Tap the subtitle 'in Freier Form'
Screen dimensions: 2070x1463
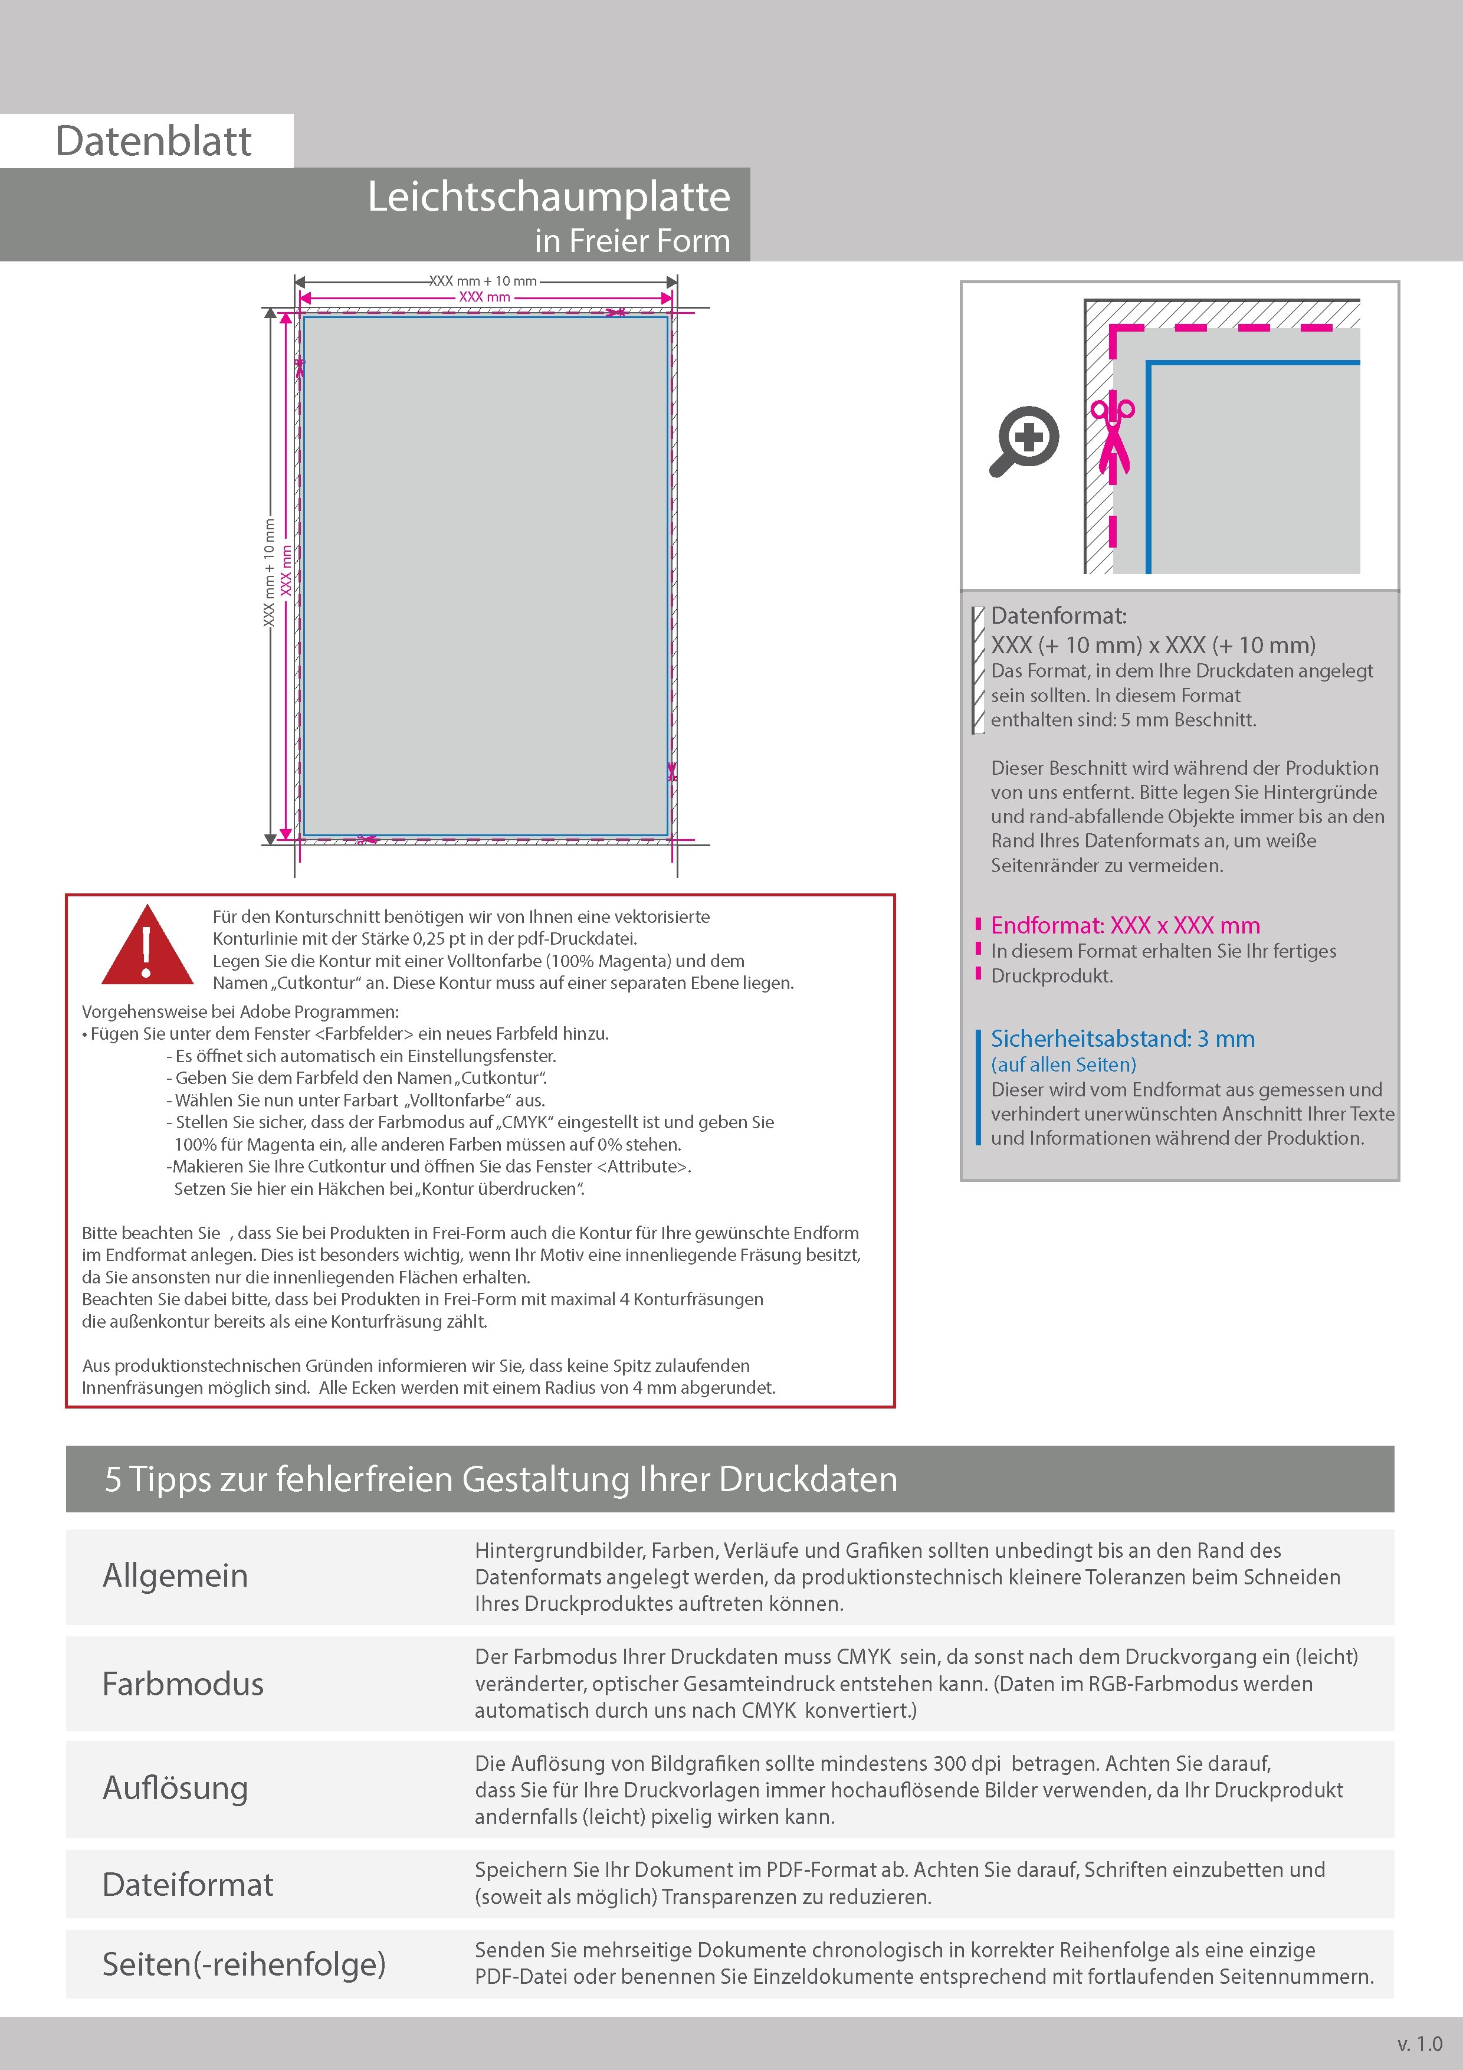pyautogui.click(x=632, y=241)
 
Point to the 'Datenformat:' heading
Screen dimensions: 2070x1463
pyautogui.click(x=1058, y=617)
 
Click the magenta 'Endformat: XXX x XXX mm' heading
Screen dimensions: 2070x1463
pyautogui.click(x=1125, y=925)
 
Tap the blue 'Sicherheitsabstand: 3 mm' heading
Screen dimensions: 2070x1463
pyautogui.click(x=1122, y=1039)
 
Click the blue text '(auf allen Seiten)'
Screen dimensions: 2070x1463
pyautogui.click(x=1064, y=1065)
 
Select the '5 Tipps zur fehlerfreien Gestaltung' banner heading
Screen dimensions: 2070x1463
pyautogui.click(x=501, y=1479)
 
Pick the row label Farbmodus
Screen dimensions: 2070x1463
pyautogui.click(x=183, y=1684)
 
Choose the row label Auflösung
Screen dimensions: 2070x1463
pyautogui.click(x=175, y=1788)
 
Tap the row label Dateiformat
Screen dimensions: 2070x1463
pyautogui.click(x=188, y=1884)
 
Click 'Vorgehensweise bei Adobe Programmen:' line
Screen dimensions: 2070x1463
pyautogui.click(x=240, y=1011)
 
